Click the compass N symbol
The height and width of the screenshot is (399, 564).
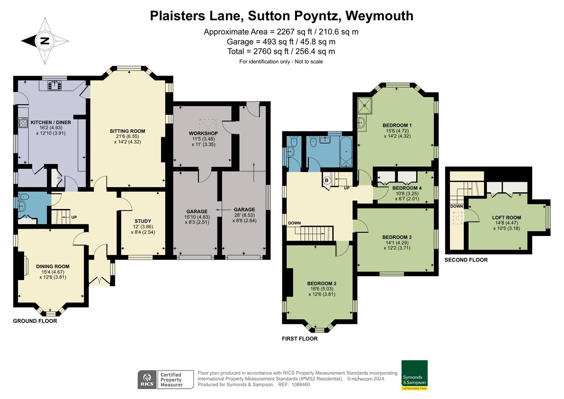coord(45,41)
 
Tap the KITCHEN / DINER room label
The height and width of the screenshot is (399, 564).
coord(51,122)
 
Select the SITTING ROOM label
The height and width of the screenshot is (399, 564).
coord(127,131)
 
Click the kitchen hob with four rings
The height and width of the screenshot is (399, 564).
coord(23,123)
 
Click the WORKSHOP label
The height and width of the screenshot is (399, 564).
coord(203,133)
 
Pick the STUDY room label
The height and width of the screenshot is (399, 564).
coord(143,221)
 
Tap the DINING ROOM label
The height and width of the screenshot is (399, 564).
coord(52,266)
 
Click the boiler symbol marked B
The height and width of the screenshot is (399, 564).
coord(327,180)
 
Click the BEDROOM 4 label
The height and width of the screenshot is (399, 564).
coord(407,188)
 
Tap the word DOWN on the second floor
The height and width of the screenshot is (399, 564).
coord(457,207)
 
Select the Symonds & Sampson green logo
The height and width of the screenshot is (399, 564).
coord(414,375)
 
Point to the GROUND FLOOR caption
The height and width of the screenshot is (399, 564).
coord(35,321)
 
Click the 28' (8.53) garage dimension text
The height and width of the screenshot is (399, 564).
coord(244,215)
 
